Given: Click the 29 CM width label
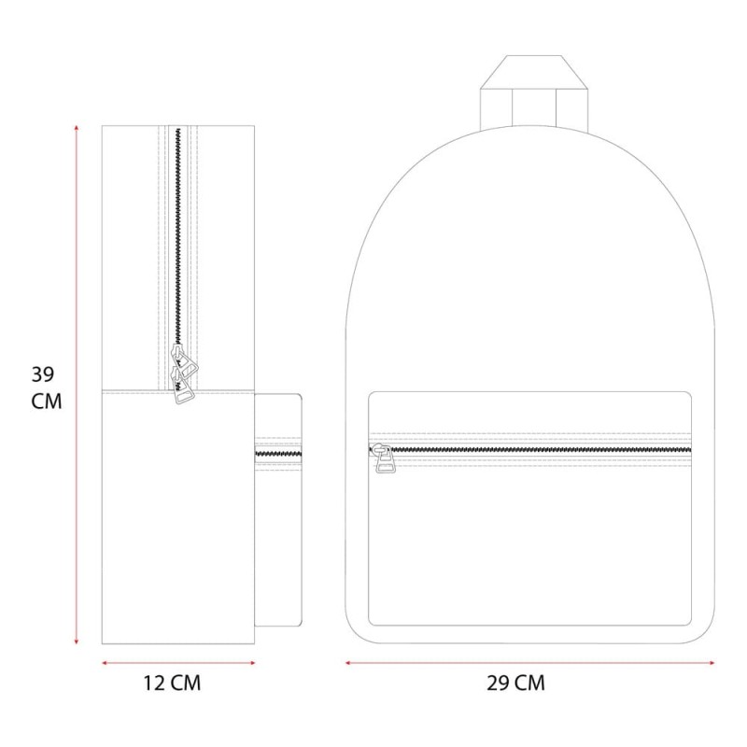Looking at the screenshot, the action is point(515,684).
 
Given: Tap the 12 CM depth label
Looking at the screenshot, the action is point(172,684).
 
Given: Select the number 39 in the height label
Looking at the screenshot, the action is point(43,374).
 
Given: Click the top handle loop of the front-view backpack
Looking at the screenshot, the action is point(534,92).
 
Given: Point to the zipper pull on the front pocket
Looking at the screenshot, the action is point(384,458).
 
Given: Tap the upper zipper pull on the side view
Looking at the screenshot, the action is point(185,361).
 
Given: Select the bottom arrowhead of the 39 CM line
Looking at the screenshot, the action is point(77,642).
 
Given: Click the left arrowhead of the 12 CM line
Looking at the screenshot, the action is point(105,663).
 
